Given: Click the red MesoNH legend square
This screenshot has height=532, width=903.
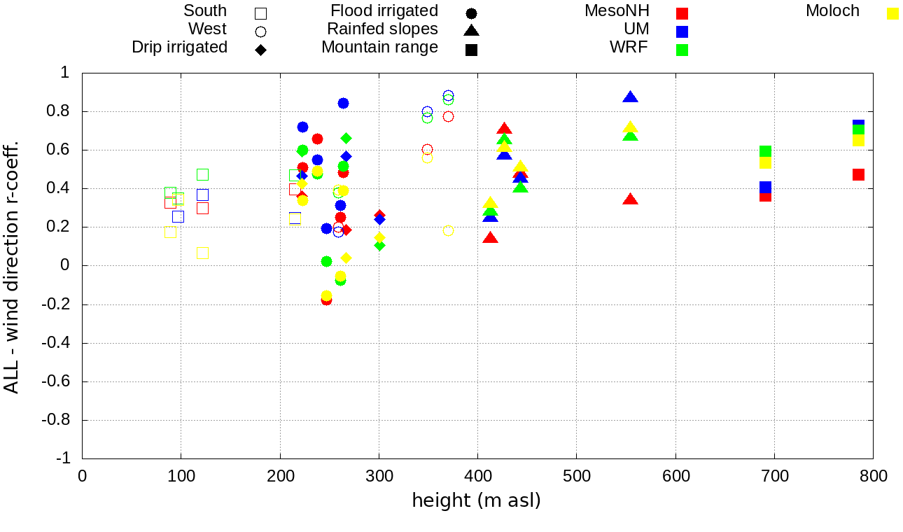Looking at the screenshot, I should [x=682, y=13].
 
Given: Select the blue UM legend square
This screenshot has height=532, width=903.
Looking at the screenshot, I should [x=682, y=31].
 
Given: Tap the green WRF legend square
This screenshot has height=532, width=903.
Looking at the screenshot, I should [x=682, y=50].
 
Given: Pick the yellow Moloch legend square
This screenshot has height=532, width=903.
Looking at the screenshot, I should [x=892, y=13].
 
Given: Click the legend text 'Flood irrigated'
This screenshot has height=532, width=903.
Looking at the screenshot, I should [x=384, y=11].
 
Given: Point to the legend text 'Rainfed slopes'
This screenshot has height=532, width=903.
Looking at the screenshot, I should [x=382, y=29].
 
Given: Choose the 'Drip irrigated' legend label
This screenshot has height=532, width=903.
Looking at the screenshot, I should [x=180, y=48].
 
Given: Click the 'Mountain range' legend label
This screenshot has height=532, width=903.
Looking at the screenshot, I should [x=379, y=48].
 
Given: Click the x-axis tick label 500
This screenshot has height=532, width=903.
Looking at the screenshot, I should [x=577, y=477].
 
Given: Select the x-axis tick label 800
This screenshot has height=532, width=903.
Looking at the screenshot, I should [x=873, y=477].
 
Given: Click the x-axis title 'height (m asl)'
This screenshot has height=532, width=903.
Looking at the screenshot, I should [x=477, y=501].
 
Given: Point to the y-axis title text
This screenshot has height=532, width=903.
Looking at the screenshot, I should [x=12, y=265].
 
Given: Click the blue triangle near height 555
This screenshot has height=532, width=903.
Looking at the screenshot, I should [x=631, y=97].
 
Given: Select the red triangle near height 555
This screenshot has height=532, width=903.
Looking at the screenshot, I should [x=631, y=199].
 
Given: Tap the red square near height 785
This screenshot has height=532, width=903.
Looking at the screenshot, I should [x=858, y=174].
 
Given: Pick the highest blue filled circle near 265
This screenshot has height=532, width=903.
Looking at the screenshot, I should [x=343, y=103].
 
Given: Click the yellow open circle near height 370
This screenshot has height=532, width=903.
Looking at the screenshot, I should [x=448, y=231].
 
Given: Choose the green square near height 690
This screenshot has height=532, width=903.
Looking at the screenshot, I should [x=765, y=151].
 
